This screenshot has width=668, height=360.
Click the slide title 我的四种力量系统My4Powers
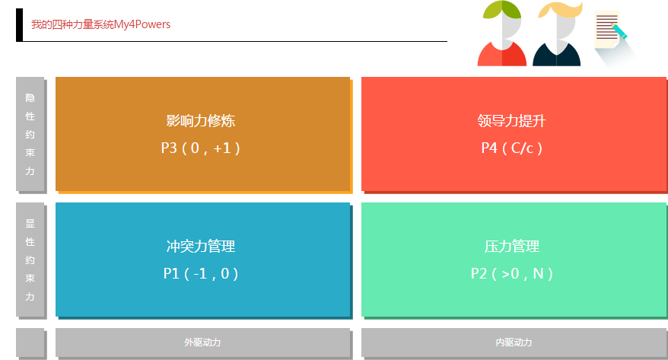pos(100,24)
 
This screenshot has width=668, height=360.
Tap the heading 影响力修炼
pos(200,120)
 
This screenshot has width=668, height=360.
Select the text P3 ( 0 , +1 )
pos(200,148)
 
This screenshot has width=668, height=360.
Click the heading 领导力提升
pos(511,120)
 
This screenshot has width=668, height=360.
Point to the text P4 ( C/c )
pos(511,148)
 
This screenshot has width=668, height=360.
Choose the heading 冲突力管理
pos(200,247)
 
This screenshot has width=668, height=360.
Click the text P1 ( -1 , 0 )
pos(200,273)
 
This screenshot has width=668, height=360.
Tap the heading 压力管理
pos(511,247)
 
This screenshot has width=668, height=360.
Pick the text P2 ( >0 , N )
pos(511,273)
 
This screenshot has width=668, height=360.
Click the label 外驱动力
pos(202,342)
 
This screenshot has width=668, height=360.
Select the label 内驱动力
pos(514,342)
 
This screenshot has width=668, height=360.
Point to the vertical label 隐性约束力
pos(30,134)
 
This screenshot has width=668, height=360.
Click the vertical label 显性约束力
pos(30,260)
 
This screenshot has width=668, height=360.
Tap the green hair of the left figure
pos(501,9)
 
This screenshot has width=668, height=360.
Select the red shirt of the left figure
pos(502,55)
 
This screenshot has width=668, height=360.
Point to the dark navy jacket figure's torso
pos(556,55)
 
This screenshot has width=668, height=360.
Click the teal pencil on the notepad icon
pos(619,32)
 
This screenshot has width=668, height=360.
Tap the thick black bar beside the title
pos(19,25)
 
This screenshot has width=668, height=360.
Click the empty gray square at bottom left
pos(30,342)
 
